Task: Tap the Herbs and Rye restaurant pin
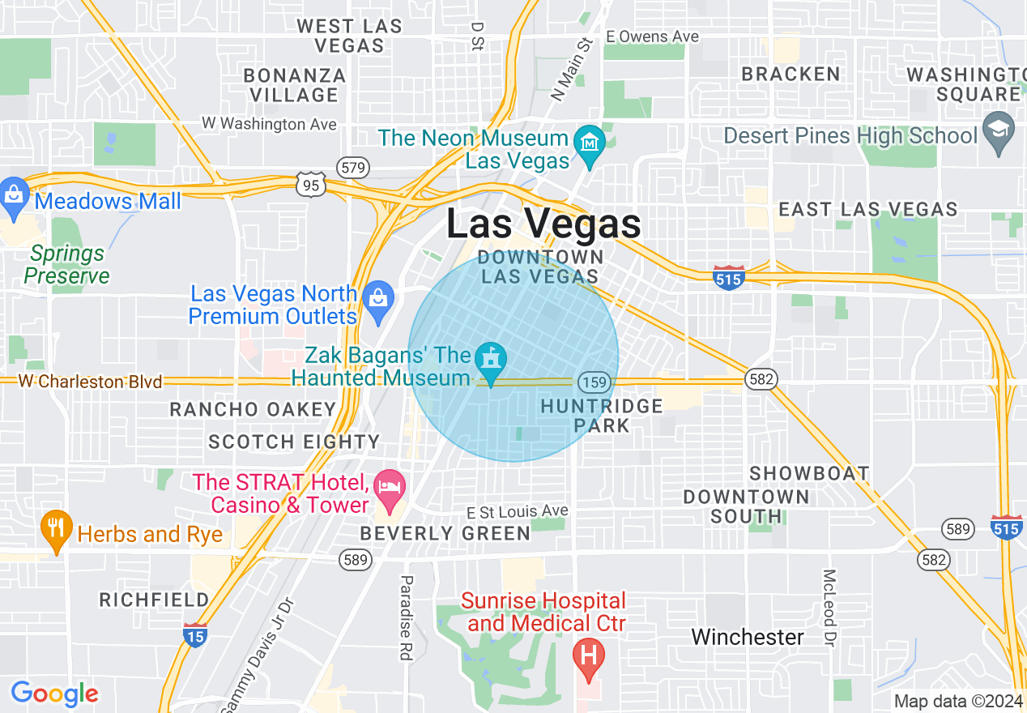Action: (55, 530)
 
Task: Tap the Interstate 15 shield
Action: (194, 634)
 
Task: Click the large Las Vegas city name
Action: (543, 224)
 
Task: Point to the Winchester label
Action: (747, 637)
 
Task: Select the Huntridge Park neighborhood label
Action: (601, 415)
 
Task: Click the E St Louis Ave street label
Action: (518, 511)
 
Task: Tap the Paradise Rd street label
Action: (407, 617)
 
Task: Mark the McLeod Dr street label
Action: (829, 607)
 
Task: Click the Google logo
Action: (54, 694)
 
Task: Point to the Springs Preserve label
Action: (66, 265)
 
